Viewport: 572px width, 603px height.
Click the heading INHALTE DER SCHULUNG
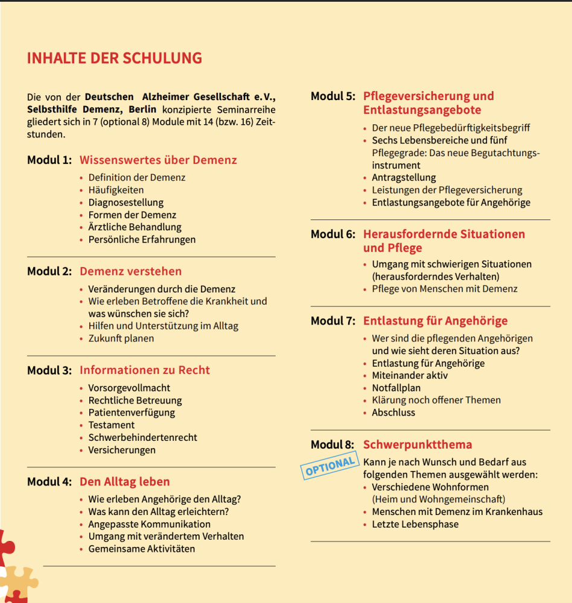click(115, 58)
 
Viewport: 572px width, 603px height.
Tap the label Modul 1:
click(49, 160)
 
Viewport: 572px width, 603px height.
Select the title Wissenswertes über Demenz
click(158, 160)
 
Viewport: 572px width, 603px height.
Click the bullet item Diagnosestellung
click(126, 203)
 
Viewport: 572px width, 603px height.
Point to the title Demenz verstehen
click(130, 271)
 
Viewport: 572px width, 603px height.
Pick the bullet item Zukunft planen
click(121, 338)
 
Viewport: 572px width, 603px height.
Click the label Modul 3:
click(49, 370)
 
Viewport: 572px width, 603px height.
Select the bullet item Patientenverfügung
click(132, 412)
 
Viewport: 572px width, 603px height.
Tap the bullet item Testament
click(111, 425)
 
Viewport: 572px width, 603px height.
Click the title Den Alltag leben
click(124, 482)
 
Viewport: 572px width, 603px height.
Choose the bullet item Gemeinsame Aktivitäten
click(141, 549)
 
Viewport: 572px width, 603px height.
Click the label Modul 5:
click(332, 96)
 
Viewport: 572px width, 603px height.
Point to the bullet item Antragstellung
click(404, 178)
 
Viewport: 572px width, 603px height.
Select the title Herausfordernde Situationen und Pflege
click(443, 241)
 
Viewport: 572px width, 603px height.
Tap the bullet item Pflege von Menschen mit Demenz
click(444, 289)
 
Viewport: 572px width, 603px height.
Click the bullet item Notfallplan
click(396, 388)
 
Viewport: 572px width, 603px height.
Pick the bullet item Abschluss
click(393, 412)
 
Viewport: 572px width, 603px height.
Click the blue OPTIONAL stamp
click(329, 466)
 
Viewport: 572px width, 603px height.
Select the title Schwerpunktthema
click(417, 445)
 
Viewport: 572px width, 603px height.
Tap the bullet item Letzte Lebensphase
click(415, 524)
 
